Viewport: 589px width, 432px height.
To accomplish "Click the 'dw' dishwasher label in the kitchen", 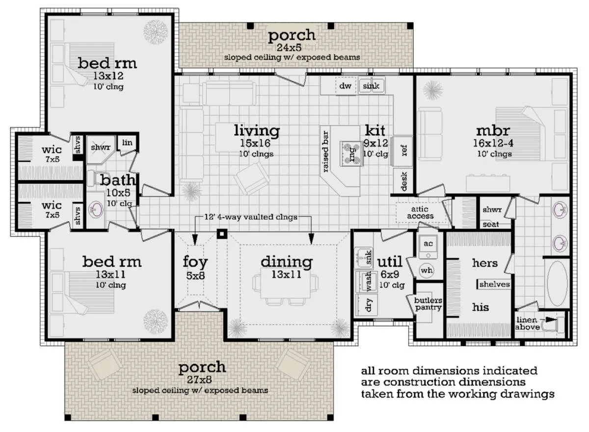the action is (345, 86).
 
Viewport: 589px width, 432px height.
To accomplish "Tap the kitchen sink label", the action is (371, 86).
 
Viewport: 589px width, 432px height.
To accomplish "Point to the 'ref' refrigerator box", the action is (402, 151).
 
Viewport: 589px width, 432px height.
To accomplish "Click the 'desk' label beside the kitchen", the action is (404, 181).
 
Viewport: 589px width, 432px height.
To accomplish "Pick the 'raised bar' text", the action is (325, 152).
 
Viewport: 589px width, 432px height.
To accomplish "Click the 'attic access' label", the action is (420, 212).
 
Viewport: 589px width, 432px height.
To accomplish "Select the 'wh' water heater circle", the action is (427, 270).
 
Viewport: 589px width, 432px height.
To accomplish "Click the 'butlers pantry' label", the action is (428, 304).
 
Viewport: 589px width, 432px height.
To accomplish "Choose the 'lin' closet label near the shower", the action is (127, 143).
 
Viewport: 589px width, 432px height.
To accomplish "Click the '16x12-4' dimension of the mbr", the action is (493, 143).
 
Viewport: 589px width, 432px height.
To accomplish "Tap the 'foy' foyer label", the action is (195, 262).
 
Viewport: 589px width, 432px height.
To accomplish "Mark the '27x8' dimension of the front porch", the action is (199, 380).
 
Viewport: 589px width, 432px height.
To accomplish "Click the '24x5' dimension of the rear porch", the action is (289, 48).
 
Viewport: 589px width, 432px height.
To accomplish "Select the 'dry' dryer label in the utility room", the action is (369, 305).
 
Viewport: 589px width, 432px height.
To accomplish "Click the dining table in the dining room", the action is (286, 282).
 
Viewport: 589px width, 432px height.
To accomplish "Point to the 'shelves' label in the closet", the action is (494, 284).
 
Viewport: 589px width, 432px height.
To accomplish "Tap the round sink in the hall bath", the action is (96, 209).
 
